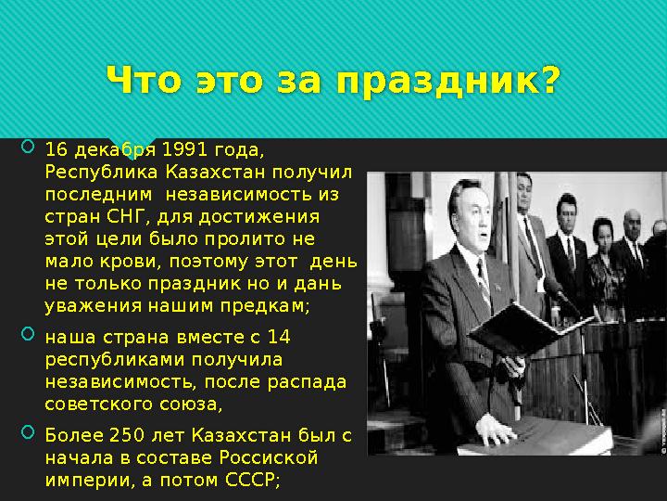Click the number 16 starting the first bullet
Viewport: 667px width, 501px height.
click(x=57, y=150)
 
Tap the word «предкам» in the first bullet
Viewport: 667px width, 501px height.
click(x=269, y=305)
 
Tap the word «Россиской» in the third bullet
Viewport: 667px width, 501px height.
click(x=267, y=458)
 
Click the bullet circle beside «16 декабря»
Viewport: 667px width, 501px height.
click(x=26, y=147)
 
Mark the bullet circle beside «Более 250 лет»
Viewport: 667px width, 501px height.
click(x=26, y=432)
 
